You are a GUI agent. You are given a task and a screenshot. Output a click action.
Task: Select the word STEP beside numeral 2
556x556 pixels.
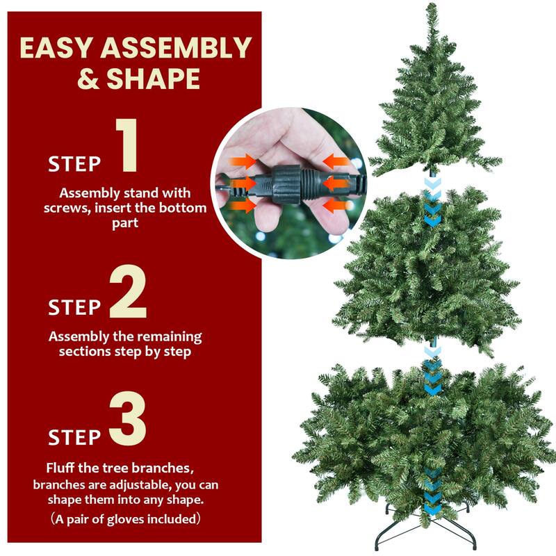74,307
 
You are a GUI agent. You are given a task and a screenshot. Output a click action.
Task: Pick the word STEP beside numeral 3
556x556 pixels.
74,437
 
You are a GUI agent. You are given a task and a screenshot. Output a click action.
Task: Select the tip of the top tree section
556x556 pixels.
430,8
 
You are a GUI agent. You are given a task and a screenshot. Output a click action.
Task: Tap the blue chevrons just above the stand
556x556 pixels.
432,490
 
